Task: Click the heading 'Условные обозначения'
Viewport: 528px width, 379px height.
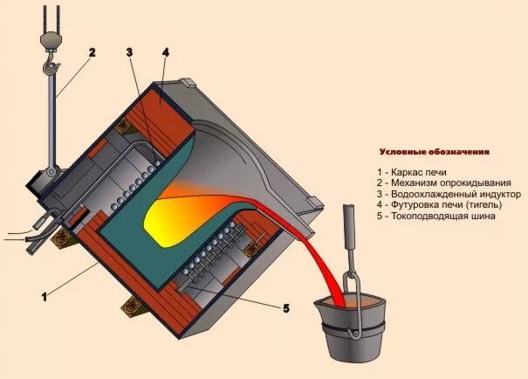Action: point(434,151)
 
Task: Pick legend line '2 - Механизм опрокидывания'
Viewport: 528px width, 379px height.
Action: point(436,183)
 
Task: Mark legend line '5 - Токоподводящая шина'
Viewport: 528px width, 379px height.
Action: point(435,217)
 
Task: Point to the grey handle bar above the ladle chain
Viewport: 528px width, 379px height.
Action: point(347,229)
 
